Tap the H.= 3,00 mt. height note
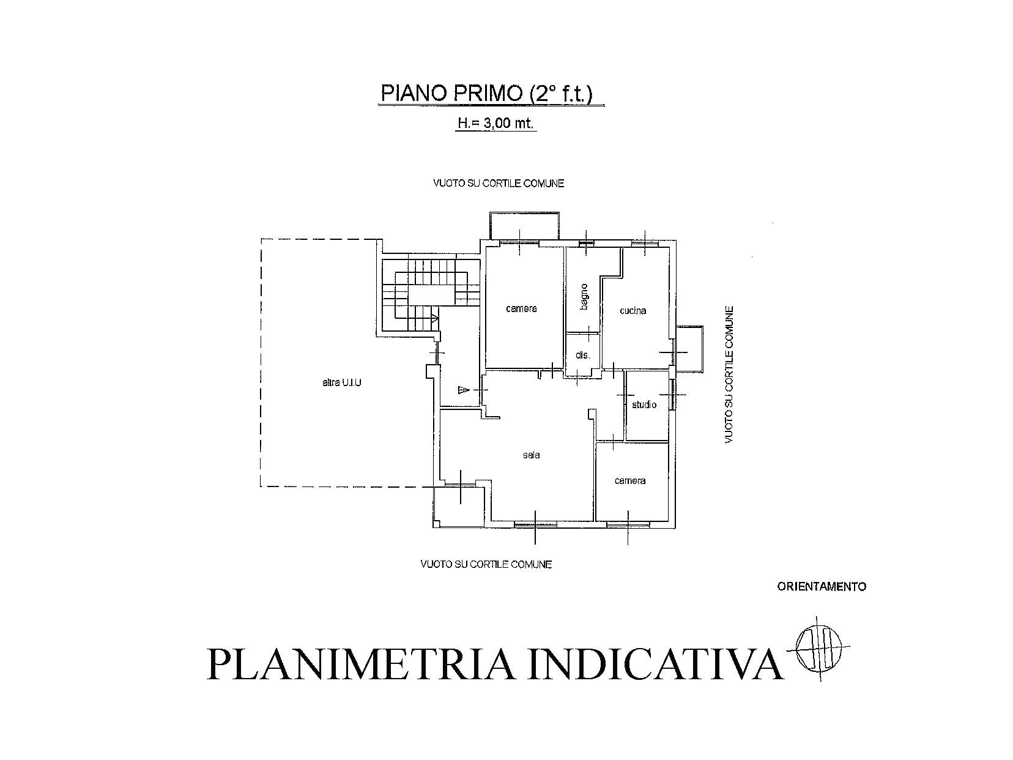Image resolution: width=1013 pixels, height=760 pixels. tap(495, 123)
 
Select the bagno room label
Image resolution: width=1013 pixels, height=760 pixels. tap(584, 297)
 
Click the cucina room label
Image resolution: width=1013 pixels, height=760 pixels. tap(633, 311)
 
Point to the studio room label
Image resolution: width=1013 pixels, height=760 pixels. tap(644, 404)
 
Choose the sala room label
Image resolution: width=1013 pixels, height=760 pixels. tap(531, 455)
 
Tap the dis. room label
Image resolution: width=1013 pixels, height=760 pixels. tap(583, 355)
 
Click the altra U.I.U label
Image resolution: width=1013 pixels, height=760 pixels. tap(341, 382)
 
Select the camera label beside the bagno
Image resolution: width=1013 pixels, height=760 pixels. tap(522, 308)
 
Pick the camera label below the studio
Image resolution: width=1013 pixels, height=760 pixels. tap(630, 481)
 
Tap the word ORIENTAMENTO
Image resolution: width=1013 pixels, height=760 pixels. tap(822, 586)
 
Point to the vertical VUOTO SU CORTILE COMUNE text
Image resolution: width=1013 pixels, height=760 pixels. tap(729, 374)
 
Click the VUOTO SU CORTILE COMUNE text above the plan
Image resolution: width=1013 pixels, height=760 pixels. tap(499, 183)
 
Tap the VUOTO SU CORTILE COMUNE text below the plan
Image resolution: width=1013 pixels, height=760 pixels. tap(486, 564)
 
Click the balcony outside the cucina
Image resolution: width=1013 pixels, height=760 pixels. tap(689, 348)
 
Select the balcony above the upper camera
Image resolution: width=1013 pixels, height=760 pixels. tap(525, 226)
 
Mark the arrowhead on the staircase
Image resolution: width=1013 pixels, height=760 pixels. tap(435, 318)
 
